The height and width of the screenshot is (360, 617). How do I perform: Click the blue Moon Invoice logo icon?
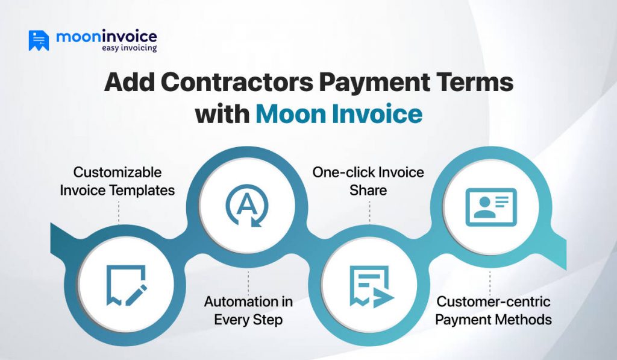click(x=39, y=40)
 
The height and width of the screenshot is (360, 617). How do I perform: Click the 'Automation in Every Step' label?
click(x=248, y=310)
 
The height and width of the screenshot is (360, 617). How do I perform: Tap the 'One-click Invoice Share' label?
click(x=368, y=182)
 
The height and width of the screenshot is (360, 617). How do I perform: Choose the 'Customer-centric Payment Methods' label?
click(x=493, y=310)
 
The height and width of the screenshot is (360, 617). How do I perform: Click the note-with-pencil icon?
click(x=126, y=284)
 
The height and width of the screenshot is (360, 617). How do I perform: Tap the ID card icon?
click(x=490, y=207)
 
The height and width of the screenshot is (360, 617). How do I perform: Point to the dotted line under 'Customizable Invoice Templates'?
click(x=119, y=211)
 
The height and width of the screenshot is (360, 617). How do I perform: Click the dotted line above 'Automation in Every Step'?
click(x=248, y=280)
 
